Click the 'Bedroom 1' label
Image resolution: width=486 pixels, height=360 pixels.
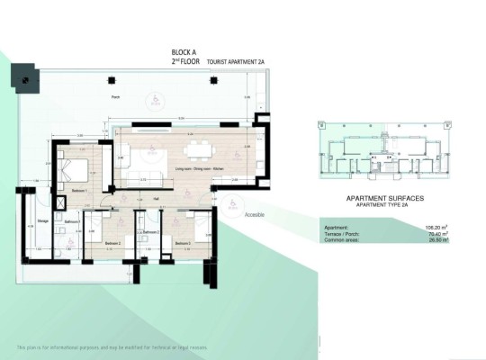point(80,191)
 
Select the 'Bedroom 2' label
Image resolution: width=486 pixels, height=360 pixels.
point(112,243)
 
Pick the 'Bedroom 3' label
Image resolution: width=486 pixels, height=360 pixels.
point(183,243)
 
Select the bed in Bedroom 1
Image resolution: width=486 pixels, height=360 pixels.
point(74,170)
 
